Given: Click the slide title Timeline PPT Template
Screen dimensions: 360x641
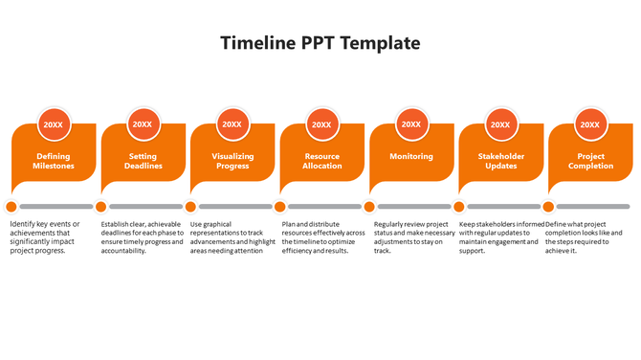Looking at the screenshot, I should [x=320, y=43].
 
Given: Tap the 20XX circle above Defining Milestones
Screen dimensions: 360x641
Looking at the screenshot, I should [x=54, y=124].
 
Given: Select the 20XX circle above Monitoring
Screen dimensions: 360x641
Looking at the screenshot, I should [x=411, y=124].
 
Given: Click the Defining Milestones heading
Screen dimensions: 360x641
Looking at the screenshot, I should [x=54, y=161].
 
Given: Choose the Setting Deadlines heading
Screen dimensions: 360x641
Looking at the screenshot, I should [x=143, y=161].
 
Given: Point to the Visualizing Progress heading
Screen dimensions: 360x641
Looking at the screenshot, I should [x=232, y=161].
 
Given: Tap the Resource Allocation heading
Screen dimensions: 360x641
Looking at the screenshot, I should [x=321, y=161].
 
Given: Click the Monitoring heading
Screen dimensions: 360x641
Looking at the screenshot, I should [x=411, y=156].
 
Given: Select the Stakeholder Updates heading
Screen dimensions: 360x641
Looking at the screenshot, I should [x=500, y=161].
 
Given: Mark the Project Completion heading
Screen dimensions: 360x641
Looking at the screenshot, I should [x=590, y=161].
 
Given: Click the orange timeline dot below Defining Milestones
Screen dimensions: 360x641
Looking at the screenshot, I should [x=11, y=206].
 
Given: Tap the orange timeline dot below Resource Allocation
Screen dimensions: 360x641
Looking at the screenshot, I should [x=279, y=206].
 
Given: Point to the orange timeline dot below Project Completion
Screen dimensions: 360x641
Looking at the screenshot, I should [x=548, y=206].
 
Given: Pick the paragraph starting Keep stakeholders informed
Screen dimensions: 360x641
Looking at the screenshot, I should [x=500, y=237].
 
